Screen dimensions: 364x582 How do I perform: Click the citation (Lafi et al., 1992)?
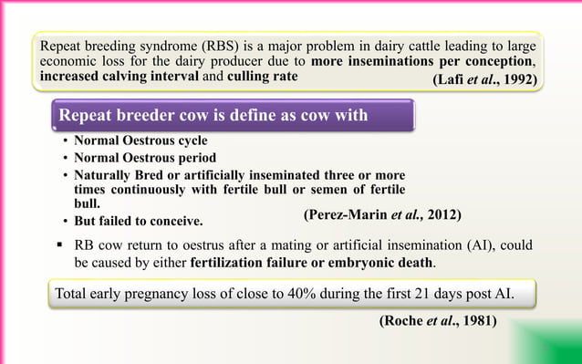(x=483, y=79)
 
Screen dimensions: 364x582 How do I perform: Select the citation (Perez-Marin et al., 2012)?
(x=382, y=214)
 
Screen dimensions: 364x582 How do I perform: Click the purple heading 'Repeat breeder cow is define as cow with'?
(x=213, y=116)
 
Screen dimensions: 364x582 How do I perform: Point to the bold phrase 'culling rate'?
(x=260, y=76)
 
